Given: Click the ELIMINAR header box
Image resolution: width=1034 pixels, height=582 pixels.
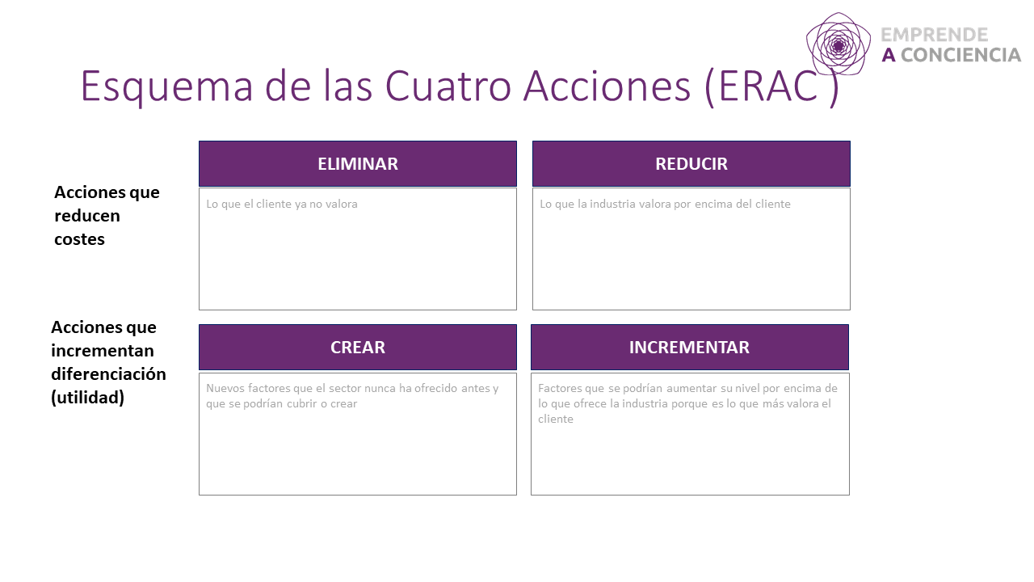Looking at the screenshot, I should [x=357, y=164].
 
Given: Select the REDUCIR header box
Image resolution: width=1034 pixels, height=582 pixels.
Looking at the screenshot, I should [x=691, y=164].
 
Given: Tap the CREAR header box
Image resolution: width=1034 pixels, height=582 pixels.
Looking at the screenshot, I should [x=357, y=348].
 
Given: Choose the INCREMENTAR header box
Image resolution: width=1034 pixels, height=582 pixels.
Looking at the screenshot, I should [x=689, y=348].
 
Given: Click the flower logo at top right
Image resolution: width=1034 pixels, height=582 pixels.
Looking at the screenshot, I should [x=838, y=44].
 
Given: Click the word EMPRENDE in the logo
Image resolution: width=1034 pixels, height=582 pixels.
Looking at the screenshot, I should [x=935, y=35].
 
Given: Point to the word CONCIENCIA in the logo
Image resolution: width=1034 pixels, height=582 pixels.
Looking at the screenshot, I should [x=961, y=55].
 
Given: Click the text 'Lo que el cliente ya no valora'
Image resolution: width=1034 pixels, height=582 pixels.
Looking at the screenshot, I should [x=282, y=205].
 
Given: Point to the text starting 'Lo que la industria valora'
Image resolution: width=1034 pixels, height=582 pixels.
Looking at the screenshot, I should [x=665, y=205].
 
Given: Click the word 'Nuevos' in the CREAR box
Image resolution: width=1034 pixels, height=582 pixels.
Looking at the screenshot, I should [x=224, y=388].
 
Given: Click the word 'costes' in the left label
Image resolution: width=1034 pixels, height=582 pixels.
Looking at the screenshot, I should [x=79, y=239].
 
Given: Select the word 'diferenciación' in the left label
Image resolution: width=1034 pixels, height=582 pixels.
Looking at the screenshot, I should [x=108, y=374].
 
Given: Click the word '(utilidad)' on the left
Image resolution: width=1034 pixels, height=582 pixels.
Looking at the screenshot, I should [x=87, y=398].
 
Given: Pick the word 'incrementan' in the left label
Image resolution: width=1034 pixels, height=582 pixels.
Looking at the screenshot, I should [x=102, y=351].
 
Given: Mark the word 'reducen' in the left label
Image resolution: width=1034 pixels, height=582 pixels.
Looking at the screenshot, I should [x=87, y=216].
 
